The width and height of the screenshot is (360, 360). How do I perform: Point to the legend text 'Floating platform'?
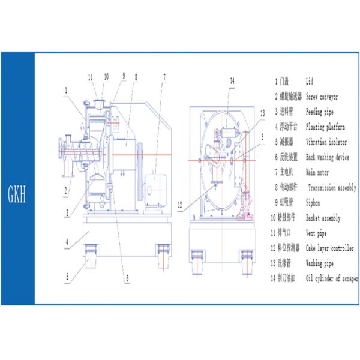(x=325, y=127)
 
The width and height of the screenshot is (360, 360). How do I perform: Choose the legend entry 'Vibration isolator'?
(x=327, y=142)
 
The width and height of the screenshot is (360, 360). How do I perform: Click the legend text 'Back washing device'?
(x=327, y=157)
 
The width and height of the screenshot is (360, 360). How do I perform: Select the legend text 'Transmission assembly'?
(x=332, y=188)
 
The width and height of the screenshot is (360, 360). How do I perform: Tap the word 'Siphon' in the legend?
(x=313, y=203)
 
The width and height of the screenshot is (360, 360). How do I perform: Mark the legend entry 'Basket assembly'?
(x=324, y=218)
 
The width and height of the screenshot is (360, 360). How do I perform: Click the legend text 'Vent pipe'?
(x=317, y=234)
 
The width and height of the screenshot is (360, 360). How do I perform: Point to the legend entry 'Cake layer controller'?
(x=329, y=248)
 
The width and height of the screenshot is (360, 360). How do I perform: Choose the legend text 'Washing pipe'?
(x=320, y=263)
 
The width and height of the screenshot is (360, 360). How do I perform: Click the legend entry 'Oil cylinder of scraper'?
(x=331, y=278)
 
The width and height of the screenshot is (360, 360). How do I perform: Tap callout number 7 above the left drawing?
(x=164, y=76)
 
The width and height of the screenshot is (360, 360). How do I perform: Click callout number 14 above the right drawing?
(x=232, y=80)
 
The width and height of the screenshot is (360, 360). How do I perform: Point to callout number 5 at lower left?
(x=68, y=277)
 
